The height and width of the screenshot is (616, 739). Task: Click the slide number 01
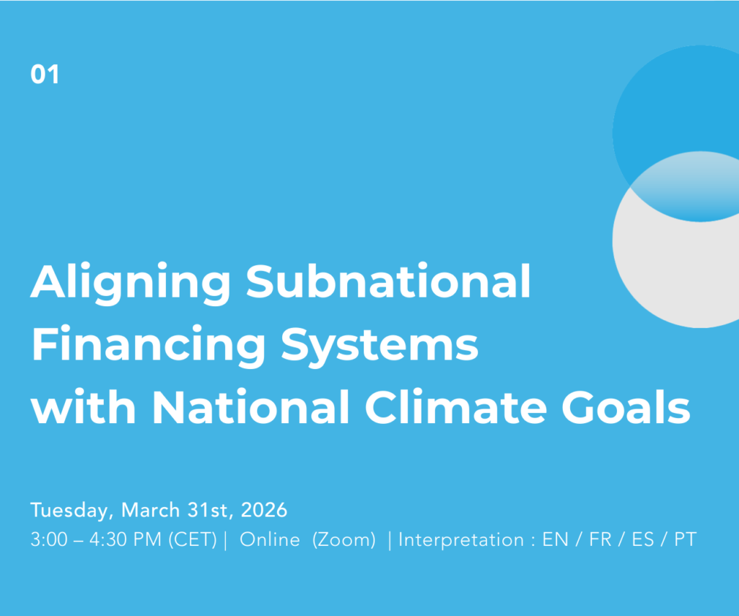pyautogui.click(x=45, y=74)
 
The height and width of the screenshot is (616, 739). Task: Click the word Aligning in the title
pyautogui.click(x=131, y=284)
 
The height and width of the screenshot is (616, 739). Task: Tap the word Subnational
pyautogui.click(x=388, y=281)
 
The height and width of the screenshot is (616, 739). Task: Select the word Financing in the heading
pyautogui.click(x=149, y=347)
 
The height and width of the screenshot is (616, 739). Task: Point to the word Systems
pyautogui.click(x=380, y=347)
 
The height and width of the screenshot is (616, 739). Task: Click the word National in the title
pyautogui.click(x=250, y=407)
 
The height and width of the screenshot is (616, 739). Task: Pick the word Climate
pyautogui.click(x=456, y=407)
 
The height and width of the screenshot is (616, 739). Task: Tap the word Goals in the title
pyautogui.click(x=626, y=407)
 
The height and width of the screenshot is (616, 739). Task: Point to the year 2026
pyautogui.click(x=264, y=510)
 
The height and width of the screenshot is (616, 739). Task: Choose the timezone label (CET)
pyautogui.click(x=193, y=539)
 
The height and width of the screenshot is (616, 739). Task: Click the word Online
pyautogui.click(x=270, y=539)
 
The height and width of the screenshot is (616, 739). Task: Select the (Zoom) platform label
pyautogui.click(x=344, y=539)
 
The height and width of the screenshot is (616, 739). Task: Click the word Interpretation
pyautogui.click(x=461, y=539)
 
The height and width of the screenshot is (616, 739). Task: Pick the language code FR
pyautogui.click(x=600, y=539)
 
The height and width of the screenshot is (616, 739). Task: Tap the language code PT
pyautogui.click(x=685, y=539)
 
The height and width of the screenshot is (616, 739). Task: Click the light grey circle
pyautogui.click(x=678, y=274)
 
